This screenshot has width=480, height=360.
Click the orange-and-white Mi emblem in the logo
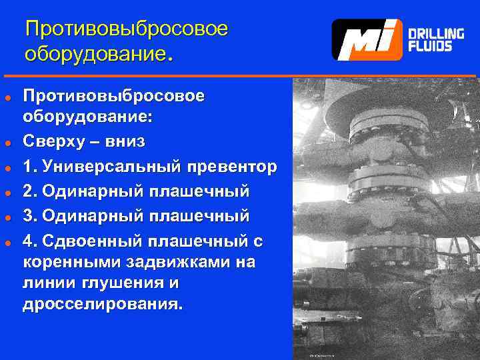[367, 39]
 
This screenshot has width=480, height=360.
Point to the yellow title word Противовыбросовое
[127, 29]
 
